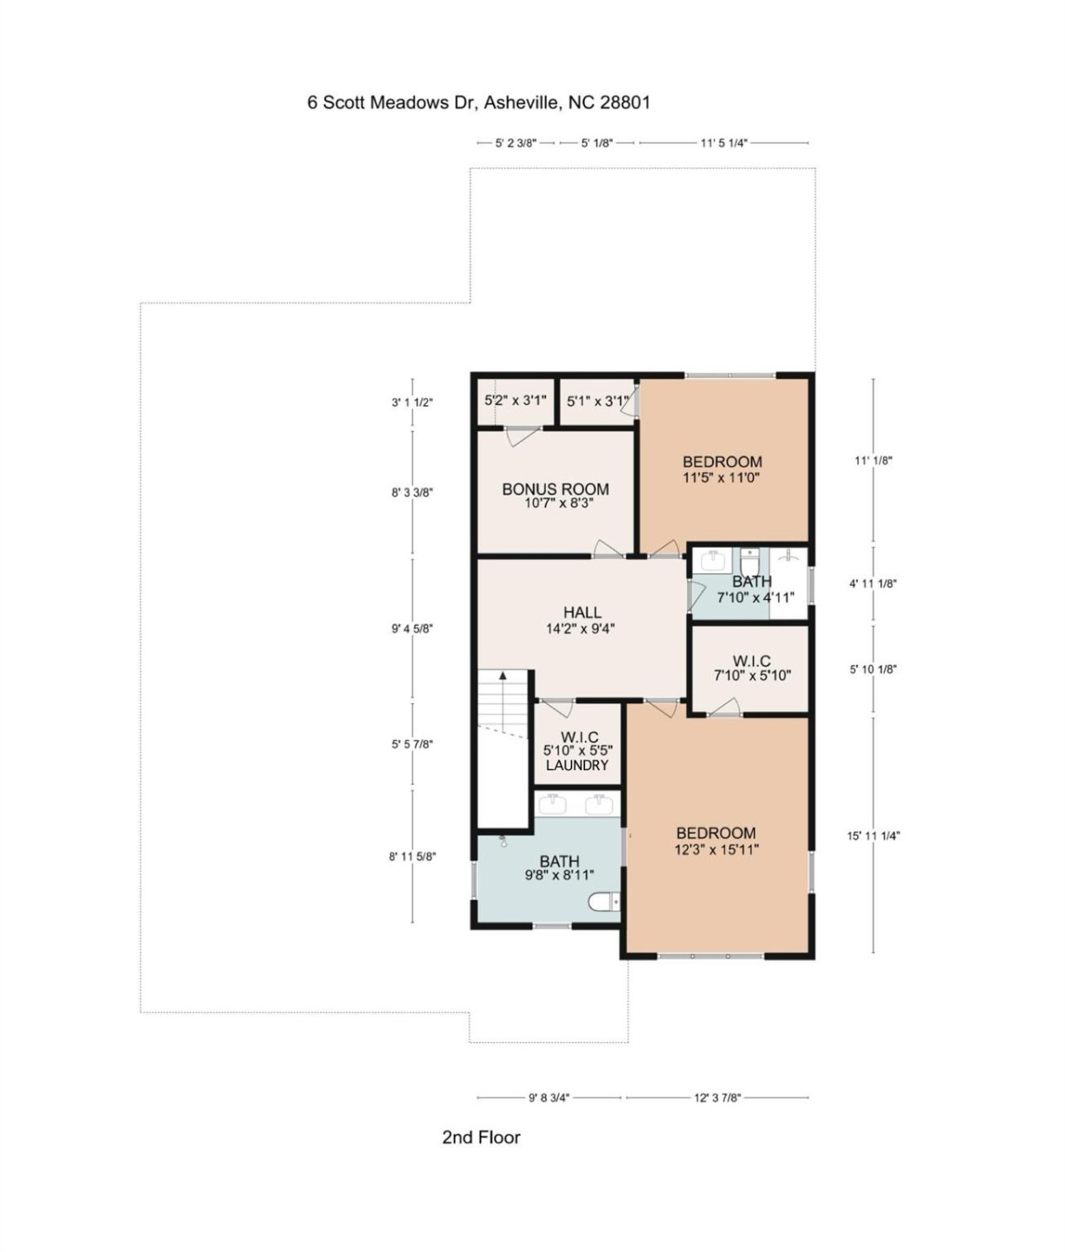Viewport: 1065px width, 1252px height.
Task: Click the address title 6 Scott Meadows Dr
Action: pyautogui.click(x=478, y=103)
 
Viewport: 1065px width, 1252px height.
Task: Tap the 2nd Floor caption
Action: pyautogui.click(x=481, y=1137)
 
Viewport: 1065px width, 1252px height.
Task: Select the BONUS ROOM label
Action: pyautogui.click(x=555, y=489)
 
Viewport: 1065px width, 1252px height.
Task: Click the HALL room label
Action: pyautogui.click(x=582, y=613)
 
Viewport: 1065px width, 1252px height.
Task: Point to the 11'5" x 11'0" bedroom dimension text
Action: pyautogui.click(x=721, y=477)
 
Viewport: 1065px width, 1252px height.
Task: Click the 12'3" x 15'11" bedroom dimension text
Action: pyautogui.click(x=716, y=849)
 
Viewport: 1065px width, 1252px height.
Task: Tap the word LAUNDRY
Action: pyautogui.click(x=576, y=765)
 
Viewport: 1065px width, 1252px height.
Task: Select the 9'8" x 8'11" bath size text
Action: pyautogui.click(x=559, y=876)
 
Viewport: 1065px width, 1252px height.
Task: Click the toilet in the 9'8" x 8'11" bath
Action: pyautogui.click(x=604, y=902)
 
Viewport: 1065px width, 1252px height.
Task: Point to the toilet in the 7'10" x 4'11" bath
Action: pyautogui.click(x=749, y=558)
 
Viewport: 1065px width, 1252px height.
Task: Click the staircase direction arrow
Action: pyautogui.click(x=502, y=676)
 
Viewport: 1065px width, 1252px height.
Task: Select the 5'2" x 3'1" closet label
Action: pyautogui.click(x=516, y=401)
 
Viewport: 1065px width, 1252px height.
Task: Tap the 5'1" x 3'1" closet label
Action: pyautogui.click(x=596, y=401)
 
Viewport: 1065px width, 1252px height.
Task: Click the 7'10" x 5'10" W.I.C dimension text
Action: pyautogui.click(x=752, y=676)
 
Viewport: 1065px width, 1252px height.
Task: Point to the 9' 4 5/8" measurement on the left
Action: pyautogui.click(x=412, y=628)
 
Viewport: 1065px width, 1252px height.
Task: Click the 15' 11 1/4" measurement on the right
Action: pyautogui.click(x=874, y=836)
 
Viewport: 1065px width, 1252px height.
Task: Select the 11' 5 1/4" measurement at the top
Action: pyautogui.click(x=723, y=143)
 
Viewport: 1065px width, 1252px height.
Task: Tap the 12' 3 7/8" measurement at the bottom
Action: pyautogui.click(x=717, y=1097)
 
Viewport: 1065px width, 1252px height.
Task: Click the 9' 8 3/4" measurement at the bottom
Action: pyautogui.click(x=549, y=1097)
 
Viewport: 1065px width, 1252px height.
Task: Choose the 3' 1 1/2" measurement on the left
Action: pyautogui.click(x=412, y=403)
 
